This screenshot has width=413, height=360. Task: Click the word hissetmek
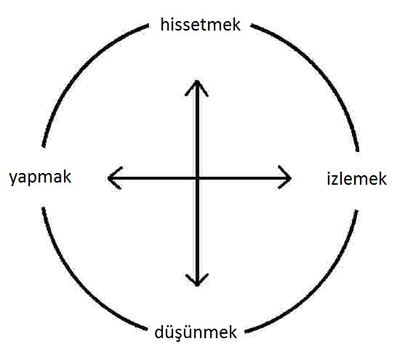click(201, 25)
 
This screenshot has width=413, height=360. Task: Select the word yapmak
click(40, 177)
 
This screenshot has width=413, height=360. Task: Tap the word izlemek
click(356, 178)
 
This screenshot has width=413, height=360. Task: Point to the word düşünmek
click(196, 332)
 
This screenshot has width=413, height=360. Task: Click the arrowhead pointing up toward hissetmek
click(197, 88)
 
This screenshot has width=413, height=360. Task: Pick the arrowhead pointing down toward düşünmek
click(197, 280)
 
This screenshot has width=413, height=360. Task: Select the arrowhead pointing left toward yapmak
click(115, 178)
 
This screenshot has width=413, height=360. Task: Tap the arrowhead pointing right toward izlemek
click(284, 177)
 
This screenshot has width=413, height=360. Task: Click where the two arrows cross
click(197, 178)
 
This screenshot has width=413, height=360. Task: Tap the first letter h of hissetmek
click(164, 25)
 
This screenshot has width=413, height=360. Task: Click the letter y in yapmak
click(13, 179)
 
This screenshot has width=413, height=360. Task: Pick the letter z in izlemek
click(337, 180)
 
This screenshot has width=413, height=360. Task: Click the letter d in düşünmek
click(159, 332)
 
